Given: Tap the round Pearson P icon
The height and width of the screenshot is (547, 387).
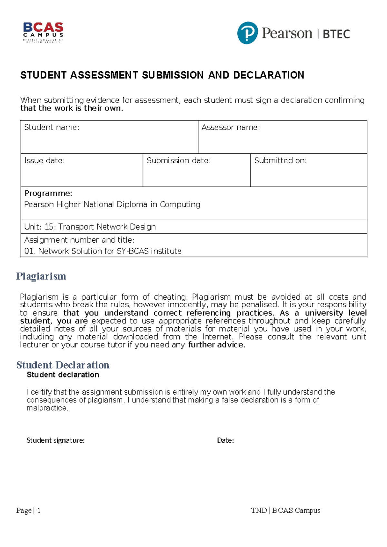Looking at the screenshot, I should pyautogui.click(x=247, y=33).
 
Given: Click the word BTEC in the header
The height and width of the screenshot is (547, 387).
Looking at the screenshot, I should pyautogui.click(x=336, y=34).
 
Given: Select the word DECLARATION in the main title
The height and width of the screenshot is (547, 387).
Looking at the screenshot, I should pyautogui.click(x=268, y=75).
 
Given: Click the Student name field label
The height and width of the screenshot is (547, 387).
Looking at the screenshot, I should pyautogui.click(x=52, y=128).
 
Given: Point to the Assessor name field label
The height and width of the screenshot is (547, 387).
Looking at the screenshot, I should pyautogui.click(x=231, y=128).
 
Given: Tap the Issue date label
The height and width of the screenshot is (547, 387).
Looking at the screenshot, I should pyautogui.click(x=45, y=160).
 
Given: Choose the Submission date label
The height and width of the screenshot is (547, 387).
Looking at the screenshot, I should pyautogui.click(x=179, y=160).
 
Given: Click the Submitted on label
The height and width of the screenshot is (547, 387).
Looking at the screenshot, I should pyautogui.click(x=280, y=160).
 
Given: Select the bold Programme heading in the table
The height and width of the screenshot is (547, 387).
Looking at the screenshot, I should pyautogui.click(x=48, y=193).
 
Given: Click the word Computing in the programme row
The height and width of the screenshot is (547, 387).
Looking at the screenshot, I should pyautogui.click(x=180, y=205).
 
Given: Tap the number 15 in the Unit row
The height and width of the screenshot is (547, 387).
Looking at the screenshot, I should pyautogui.click(x=50, y=227).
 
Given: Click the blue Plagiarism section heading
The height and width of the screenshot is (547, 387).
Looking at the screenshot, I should pyautogui.click(x=41, y=276).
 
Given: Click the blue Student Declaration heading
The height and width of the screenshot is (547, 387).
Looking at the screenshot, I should pyautogui.click(x=63, y=365).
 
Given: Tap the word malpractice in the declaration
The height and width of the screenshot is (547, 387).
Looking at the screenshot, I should pyautogui.click(x=47, y=408).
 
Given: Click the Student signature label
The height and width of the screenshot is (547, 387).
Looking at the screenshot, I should pyautogui.click(x=55, y=440).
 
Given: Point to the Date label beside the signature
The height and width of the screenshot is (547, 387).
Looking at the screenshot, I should pyautogui.click(x=225, y=440).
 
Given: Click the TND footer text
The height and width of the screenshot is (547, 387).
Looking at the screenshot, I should pyautogui.click(x=259, y=511).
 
